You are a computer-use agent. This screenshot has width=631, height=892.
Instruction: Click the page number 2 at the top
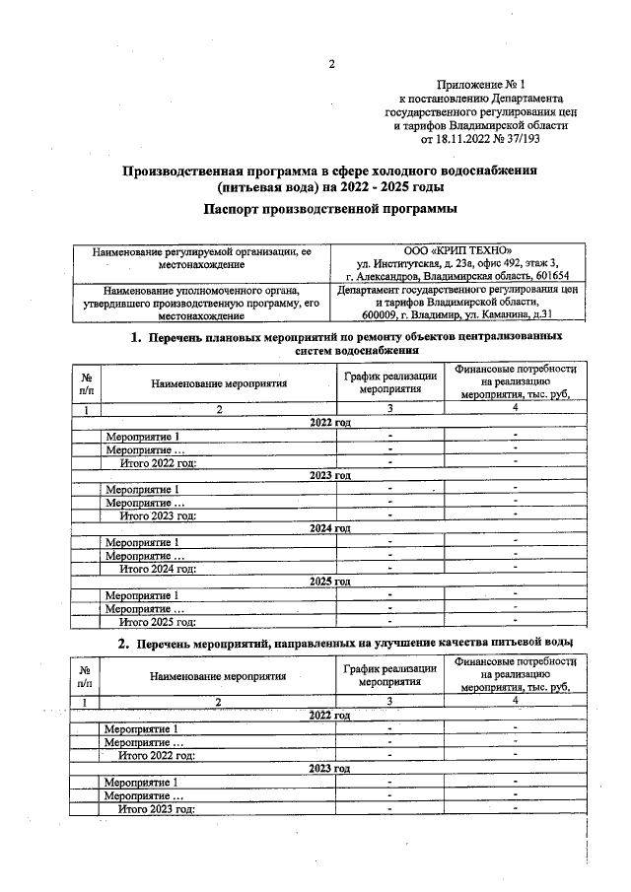(332, 66)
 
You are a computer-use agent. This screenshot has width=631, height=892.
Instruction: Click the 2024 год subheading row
(330, 528)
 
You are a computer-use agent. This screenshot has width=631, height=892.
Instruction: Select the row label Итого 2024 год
(157, 569)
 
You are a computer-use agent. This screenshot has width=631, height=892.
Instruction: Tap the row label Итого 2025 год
(157, 622)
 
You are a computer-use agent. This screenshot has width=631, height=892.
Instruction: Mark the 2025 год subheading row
(330, 582)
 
